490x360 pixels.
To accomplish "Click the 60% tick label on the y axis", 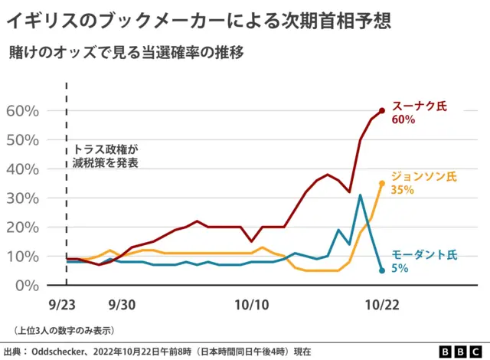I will click(22, 110).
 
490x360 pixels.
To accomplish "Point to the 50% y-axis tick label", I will click(22, 139).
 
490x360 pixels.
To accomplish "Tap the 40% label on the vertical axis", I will click(22, 169).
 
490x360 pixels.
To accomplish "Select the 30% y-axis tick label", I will click(22, 198).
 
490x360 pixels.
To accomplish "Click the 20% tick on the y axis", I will click(22, 227).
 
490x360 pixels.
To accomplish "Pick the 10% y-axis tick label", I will click(22, 256).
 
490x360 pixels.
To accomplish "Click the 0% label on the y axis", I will click(27, 285).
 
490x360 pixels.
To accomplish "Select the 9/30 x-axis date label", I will click(122, 304).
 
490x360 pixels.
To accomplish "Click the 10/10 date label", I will click(252, 304).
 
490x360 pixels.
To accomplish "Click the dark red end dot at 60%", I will click(382, 110).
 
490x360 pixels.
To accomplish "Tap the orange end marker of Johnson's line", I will click(382, 183).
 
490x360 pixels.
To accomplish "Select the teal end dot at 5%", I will click(382, 270).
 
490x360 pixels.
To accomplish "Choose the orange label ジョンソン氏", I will click(424, 176).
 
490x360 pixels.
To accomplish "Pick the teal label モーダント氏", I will click(424, 254).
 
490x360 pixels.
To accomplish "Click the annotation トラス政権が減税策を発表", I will click(106, 156).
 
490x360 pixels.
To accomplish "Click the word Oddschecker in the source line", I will click(64, 352).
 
